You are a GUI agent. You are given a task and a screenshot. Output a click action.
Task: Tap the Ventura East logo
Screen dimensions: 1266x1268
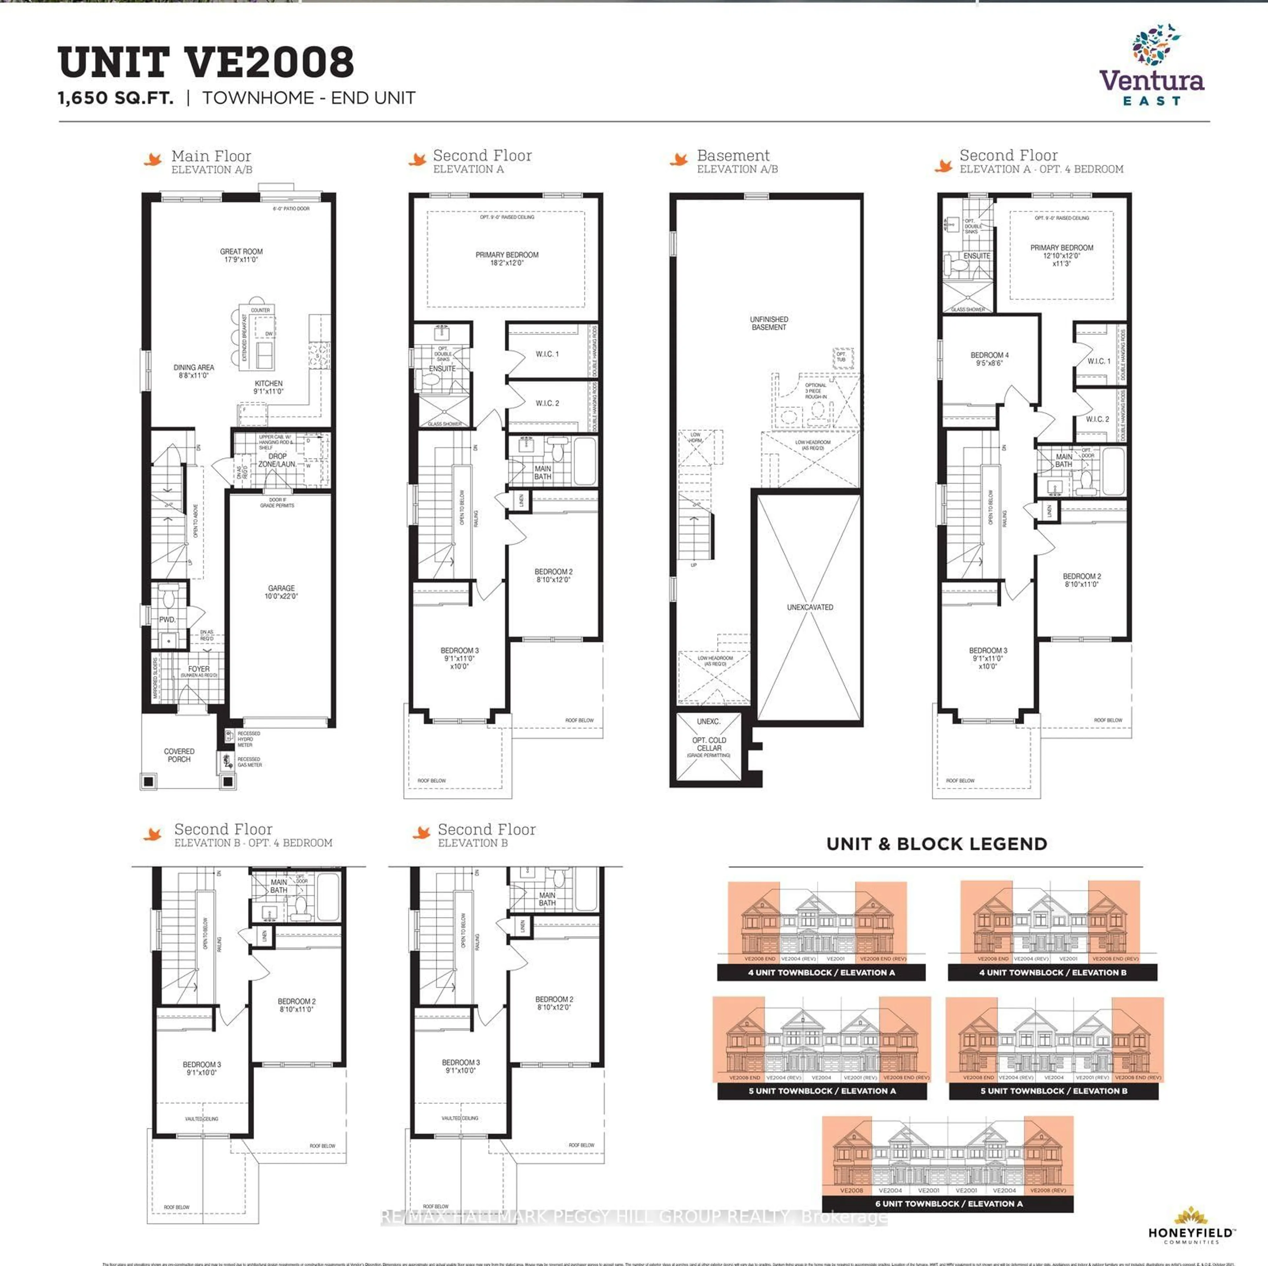pyautogui.click(x=1152, y=66)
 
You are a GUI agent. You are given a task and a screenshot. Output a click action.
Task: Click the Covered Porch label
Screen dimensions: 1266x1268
pyautogui.click(x=179, y=755)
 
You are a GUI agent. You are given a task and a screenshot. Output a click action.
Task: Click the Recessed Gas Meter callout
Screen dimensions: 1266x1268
pyautogui.click(x=249, y=762)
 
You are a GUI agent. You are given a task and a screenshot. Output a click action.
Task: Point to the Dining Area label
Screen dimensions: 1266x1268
pyautogui.click(x=194, y=372)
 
